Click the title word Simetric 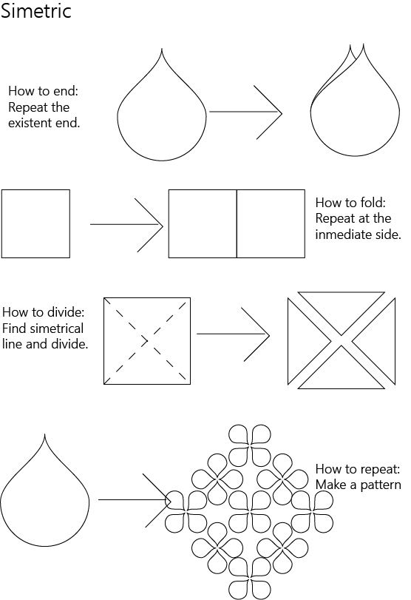pyautogui.click(x=36, y=10)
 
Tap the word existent pyautogui.click(x=33, y=123)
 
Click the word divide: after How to pyautogui.click(x=66, y=312)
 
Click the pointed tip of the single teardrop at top pyautogui.click(x=162, y=49)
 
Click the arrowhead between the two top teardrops pyautogui.click(x=282, y=112)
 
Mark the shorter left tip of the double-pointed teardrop pyautogui.click(x=350, y=46)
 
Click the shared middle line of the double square pyautogui.click(x=237, y=223)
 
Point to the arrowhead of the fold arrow pyautogui.click(x=163, y=226)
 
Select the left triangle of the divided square pyautogui.click(x=302, y=341)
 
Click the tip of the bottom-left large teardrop pyautogui.click(x=45, y=434)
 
